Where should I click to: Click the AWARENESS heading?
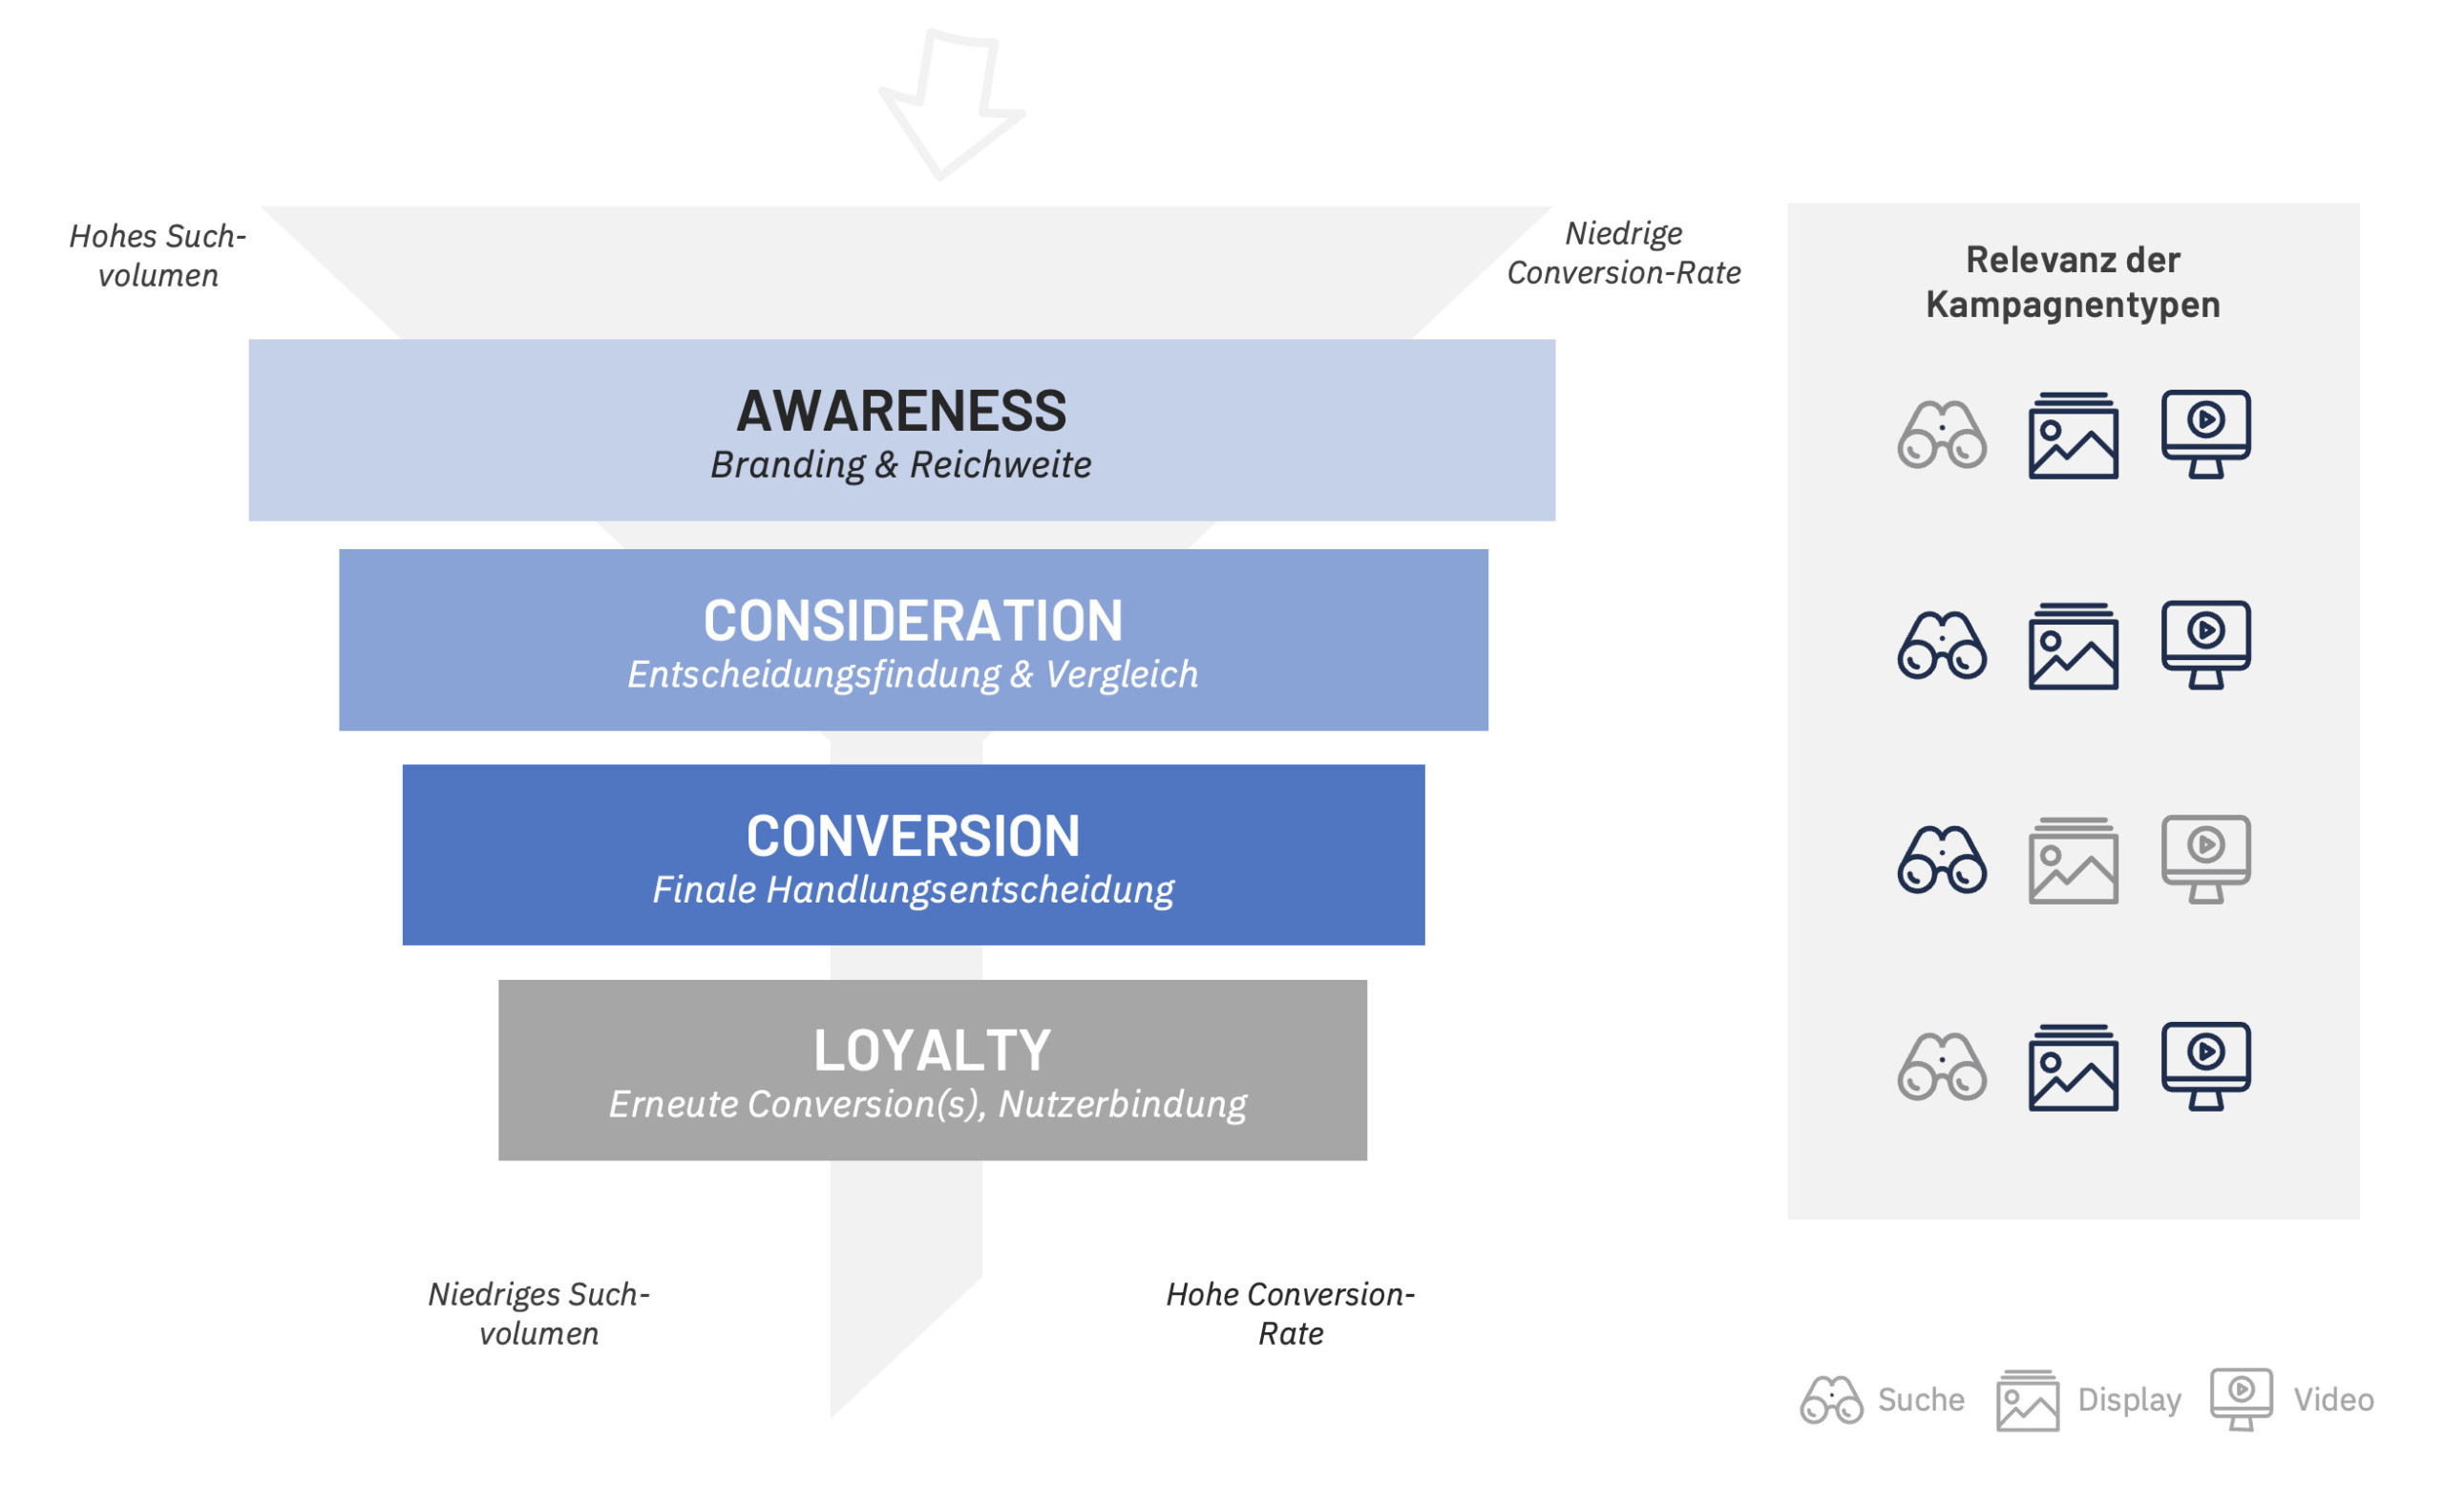(900, 411)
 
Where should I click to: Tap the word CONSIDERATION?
(913, 621)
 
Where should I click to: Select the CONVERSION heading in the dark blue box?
(913, 837)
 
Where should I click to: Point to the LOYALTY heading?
(932, 1051)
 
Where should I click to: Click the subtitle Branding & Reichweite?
(900, 464)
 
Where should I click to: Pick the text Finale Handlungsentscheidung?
(913, 890)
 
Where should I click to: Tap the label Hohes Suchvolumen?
(158, 256)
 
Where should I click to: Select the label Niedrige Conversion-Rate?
(1624, 253)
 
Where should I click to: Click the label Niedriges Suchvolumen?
(538, 1313)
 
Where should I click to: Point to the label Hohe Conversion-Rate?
(1291, 1313)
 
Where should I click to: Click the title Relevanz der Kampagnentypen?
(2073, 282)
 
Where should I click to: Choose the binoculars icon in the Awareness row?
(1941, 435)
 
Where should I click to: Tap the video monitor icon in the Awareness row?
(2206, 434)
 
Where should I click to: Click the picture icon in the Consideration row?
(2073, 646)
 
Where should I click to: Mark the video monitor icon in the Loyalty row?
(2206, 1066)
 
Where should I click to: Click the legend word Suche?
(1920, 1400)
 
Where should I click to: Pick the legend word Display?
(2129, 1400)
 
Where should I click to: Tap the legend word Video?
(2333, 1400)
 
